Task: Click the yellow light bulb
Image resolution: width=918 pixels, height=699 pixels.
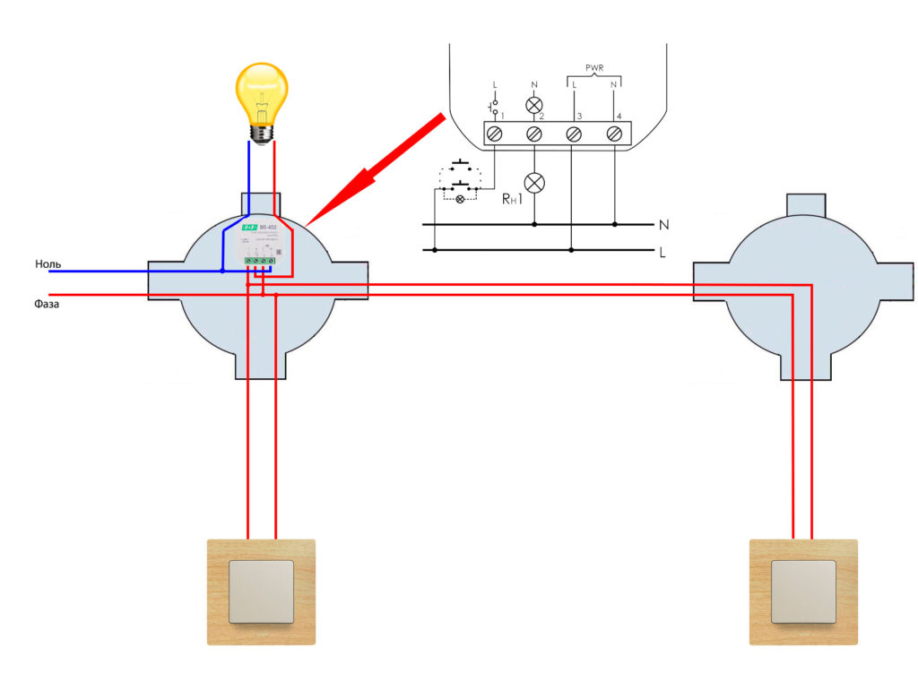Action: [x=260, y=94]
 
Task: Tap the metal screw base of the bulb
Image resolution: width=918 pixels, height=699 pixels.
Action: [x=261, y=132]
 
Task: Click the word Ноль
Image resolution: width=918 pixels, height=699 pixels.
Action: [x=48, y=264]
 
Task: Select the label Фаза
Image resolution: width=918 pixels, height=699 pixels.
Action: [x=47, y=305]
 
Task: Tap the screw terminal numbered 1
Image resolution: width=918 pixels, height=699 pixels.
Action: [x=494, y=134]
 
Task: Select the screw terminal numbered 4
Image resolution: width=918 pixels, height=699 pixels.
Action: [x=614, y=134]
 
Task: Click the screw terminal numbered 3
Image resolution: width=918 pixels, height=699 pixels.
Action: [x=574, y=134]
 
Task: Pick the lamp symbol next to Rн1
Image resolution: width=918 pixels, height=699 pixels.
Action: [x=534, y=183]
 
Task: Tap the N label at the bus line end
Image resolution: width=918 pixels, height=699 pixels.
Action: [x=663, y=223]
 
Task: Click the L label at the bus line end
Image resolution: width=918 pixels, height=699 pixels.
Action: [x=663, y=252]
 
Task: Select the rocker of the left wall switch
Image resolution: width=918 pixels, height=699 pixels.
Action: [x=261, y=591]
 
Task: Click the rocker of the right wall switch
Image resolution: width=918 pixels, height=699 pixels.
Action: [x=803, y=591]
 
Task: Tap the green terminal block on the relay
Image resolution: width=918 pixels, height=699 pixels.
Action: [x=258, y=262]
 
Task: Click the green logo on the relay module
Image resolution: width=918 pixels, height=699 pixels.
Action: [x=247, y=229]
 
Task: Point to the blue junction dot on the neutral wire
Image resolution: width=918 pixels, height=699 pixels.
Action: [x=223, y=270]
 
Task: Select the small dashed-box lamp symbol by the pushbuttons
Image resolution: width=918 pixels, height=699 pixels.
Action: [x=461, y=198]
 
